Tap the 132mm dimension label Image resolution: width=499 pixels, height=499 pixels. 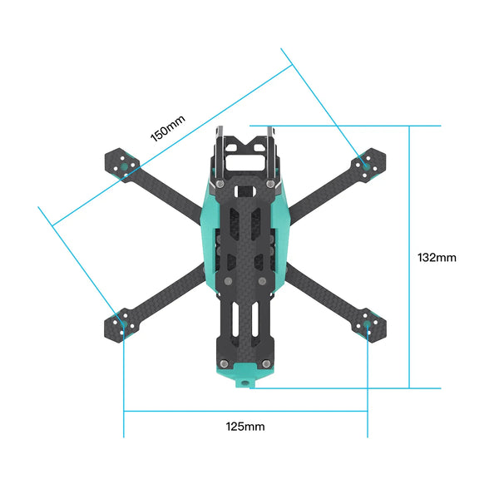click(x=437, y=258)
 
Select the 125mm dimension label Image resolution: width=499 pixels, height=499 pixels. click(x=245, y=427)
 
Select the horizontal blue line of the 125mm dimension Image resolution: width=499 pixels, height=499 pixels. click(x=245, y=411)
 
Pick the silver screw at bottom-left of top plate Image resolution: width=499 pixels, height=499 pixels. click(x=223, y=363)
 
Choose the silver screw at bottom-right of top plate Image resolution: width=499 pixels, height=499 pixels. click(x=264, y=363)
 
